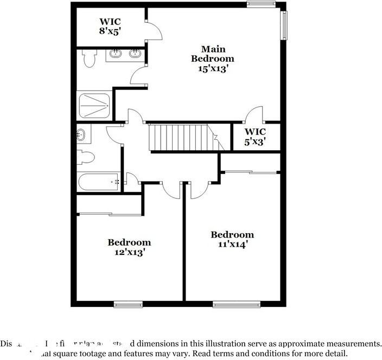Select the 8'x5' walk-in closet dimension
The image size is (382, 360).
point(110,31)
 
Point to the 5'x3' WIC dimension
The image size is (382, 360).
point(254,142)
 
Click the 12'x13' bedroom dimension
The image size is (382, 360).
point(129,252)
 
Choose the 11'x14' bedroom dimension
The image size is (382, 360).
point(232,245)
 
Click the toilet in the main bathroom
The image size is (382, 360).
point(90,58)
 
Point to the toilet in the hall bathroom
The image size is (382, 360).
point(86,158)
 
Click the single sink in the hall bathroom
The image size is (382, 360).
point(81,134)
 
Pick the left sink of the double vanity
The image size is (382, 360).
point(116,54)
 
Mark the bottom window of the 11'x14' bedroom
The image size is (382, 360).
point(232,304)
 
